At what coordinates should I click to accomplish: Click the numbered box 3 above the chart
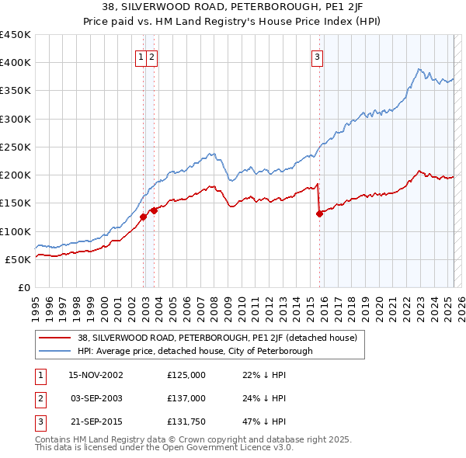318,56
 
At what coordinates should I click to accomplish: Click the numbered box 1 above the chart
141,56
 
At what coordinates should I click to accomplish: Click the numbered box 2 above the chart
151,56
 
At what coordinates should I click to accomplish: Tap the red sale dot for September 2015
319,213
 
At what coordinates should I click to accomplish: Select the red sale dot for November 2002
144,217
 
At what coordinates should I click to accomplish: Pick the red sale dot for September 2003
155,210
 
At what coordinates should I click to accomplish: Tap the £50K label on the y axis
19,259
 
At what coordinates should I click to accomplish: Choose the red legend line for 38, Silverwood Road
55,338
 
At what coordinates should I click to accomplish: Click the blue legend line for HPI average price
55,351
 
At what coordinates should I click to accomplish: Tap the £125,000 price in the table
186,375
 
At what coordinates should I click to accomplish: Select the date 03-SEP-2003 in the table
96,399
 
